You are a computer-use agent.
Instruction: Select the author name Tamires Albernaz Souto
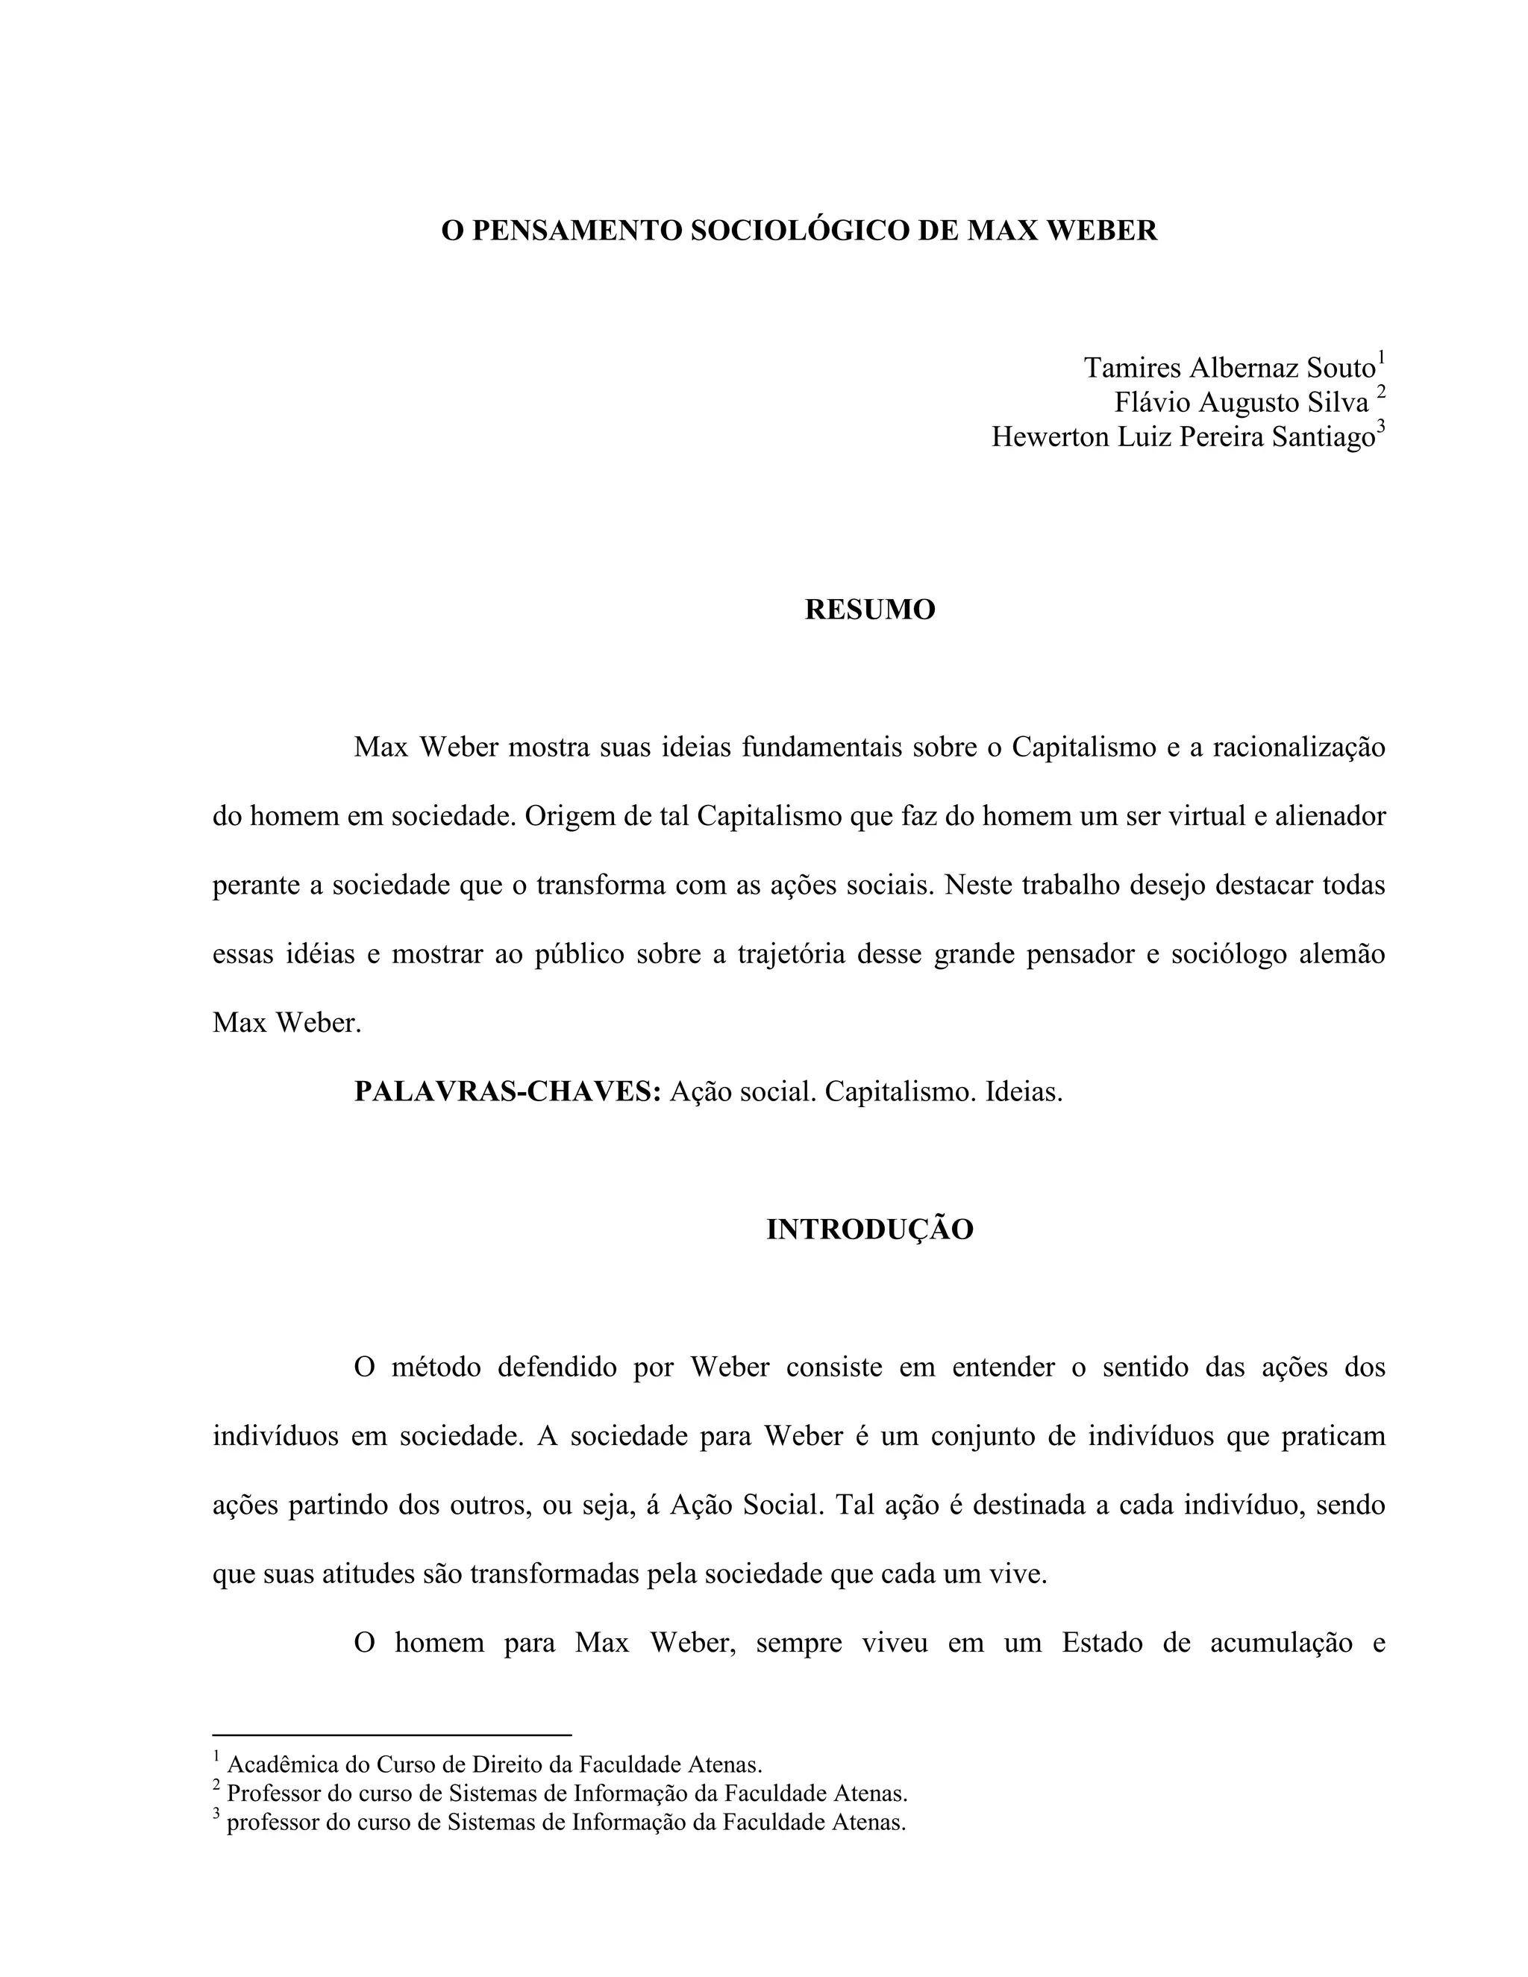click(x=1230, y=369)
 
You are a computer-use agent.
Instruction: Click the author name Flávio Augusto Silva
click(x=1241, y=403)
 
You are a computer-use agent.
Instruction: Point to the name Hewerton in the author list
click(x=1051, y=437)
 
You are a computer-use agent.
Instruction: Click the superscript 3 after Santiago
click(x=1380, y=428)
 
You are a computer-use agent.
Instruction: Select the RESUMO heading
click(x=870, y=610)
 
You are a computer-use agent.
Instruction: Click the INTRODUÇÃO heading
click(x=870, y=1229)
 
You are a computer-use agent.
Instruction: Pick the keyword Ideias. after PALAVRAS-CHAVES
click(x=1024, y=1091)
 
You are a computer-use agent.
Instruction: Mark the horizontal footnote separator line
click(x=392, y=1735)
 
